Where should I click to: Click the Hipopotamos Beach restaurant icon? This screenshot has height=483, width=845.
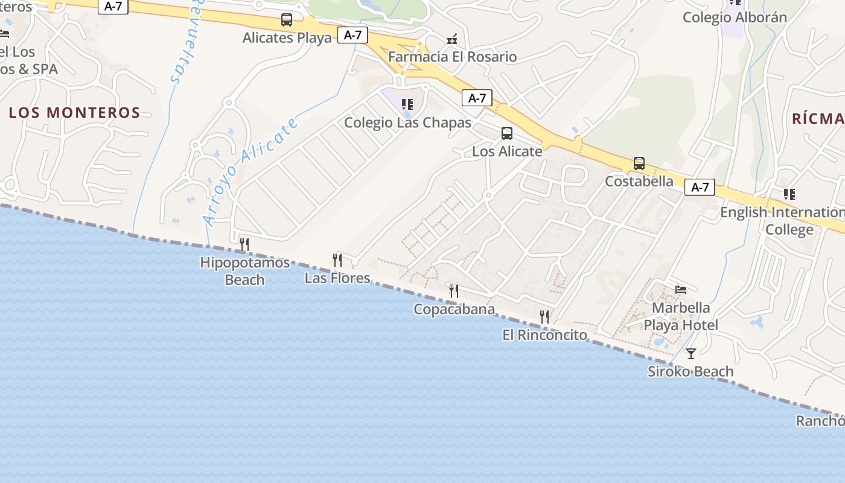[x=244, y=245]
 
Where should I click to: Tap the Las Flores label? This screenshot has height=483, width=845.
[x=337, y=278]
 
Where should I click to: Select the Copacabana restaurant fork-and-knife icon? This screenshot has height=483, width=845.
[x=453, y=291]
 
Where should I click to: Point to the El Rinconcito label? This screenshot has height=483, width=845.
[x=544, y=334]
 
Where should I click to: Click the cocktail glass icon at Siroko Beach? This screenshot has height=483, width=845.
[x=691, y=354]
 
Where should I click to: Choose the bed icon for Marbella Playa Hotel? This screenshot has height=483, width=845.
[x=681, y=290]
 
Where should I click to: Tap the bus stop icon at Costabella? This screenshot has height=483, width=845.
[x=639, y=164]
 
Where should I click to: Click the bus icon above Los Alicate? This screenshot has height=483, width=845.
[x=507, y=133]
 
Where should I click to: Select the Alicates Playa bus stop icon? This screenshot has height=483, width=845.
[x=287, y=20]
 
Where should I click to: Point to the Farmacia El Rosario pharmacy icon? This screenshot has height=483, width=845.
[x=452, y=39]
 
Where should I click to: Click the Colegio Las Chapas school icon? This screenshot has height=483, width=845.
[x=407, y=104]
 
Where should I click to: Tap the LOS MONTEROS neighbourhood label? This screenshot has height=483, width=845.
[x=75, y=112]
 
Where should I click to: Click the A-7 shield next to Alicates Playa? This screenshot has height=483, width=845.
[x=352, y=35]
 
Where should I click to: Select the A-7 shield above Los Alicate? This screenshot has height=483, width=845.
[x=477, y=98]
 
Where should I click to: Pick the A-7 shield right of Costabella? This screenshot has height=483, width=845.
[x=700, y=187]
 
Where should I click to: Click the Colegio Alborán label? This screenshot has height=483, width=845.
[x=735, y=18]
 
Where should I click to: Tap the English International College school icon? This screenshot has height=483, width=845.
[x=789, y=194]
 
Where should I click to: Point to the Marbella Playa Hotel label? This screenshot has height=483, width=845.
[x=681, y=316]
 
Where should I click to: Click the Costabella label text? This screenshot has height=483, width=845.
[x=639, y=181]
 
